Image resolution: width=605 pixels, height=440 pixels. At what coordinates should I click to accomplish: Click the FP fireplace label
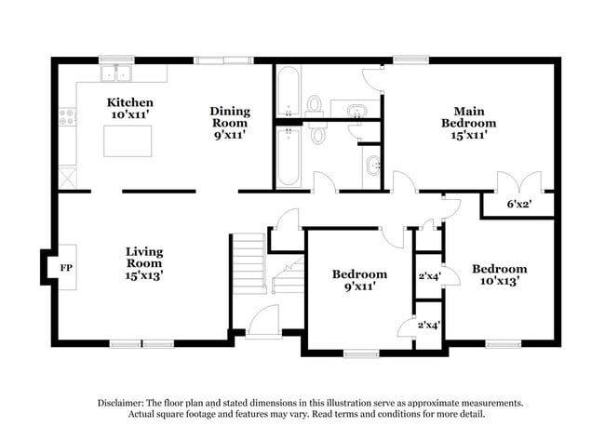point(66,269)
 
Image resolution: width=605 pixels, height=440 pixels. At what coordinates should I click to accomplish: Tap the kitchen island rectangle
point(128,140)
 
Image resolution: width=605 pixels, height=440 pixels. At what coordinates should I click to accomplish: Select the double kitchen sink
point(119,73)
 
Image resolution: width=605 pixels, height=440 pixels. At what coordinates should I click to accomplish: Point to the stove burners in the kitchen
point(67,117)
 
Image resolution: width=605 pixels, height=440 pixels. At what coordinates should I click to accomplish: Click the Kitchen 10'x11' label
point(129,108)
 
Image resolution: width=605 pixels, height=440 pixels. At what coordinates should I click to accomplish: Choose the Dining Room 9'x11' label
point(228,122)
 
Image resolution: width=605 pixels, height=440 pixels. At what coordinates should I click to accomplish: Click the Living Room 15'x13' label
point(145,263)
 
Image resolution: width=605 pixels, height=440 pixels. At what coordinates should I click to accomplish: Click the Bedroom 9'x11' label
point(359,280)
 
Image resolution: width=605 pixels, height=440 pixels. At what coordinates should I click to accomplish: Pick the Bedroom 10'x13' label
point(499,275)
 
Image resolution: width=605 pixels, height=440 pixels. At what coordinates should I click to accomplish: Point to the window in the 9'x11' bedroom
point(361,353)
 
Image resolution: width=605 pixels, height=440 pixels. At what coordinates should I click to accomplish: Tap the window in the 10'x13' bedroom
point(504,344)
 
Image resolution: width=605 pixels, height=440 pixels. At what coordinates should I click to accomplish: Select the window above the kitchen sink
point(117,60)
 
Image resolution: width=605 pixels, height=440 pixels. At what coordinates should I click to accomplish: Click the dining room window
point(223,60)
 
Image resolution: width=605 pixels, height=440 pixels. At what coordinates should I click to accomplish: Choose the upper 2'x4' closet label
point(428,275)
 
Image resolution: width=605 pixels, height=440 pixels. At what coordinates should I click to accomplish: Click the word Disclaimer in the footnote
point(127,403)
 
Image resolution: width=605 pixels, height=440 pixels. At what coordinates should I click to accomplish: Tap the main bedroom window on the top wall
point(410,60)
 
